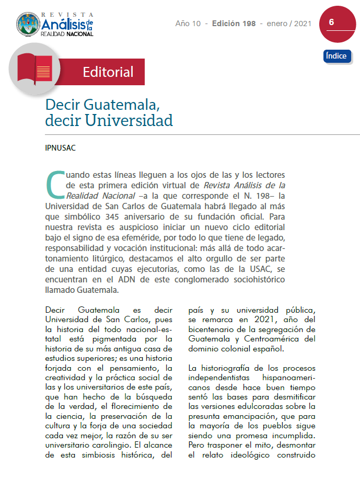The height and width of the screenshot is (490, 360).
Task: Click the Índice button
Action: (336, 56)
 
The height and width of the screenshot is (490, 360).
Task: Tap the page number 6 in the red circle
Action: (332, 22)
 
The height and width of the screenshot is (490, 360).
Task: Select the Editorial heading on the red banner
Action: (108, 72)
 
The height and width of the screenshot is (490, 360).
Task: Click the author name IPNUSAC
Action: (61, 147)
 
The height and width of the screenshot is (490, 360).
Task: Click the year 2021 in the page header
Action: (303, 24)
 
